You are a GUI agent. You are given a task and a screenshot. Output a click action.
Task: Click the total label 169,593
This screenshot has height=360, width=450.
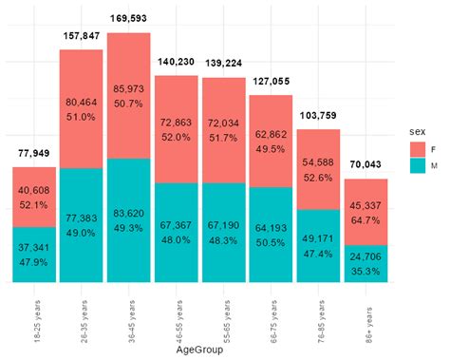pyautogui.click(x=128, y=17)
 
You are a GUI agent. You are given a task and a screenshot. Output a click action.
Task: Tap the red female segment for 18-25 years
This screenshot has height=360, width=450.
pyautogui.click(x=33, y=197)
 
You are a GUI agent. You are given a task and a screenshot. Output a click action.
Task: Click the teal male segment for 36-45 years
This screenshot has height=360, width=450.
pyautogui.click(x=128, y=220)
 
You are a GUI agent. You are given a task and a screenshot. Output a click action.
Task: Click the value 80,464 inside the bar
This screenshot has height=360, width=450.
pyautogui.click(x=81, y=102)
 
